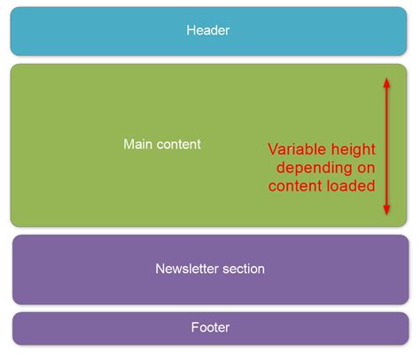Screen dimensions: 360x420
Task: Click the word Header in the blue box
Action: (208, 31)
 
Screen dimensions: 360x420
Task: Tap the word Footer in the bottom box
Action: (210, 328)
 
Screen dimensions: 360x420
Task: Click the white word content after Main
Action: (180, 144)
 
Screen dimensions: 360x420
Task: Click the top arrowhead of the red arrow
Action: (386, 81)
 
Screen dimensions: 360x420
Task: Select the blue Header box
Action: (106, 31)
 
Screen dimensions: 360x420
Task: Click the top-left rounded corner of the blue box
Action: (14, 12)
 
